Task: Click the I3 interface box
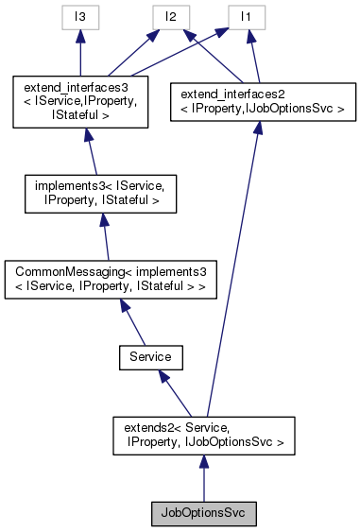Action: tap(81, 16)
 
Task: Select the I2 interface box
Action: tap(170, 16)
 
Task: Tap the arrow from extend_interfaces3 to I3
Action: tap(81, 52)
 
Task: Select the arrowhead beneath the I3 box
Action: tap(81, 35)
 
